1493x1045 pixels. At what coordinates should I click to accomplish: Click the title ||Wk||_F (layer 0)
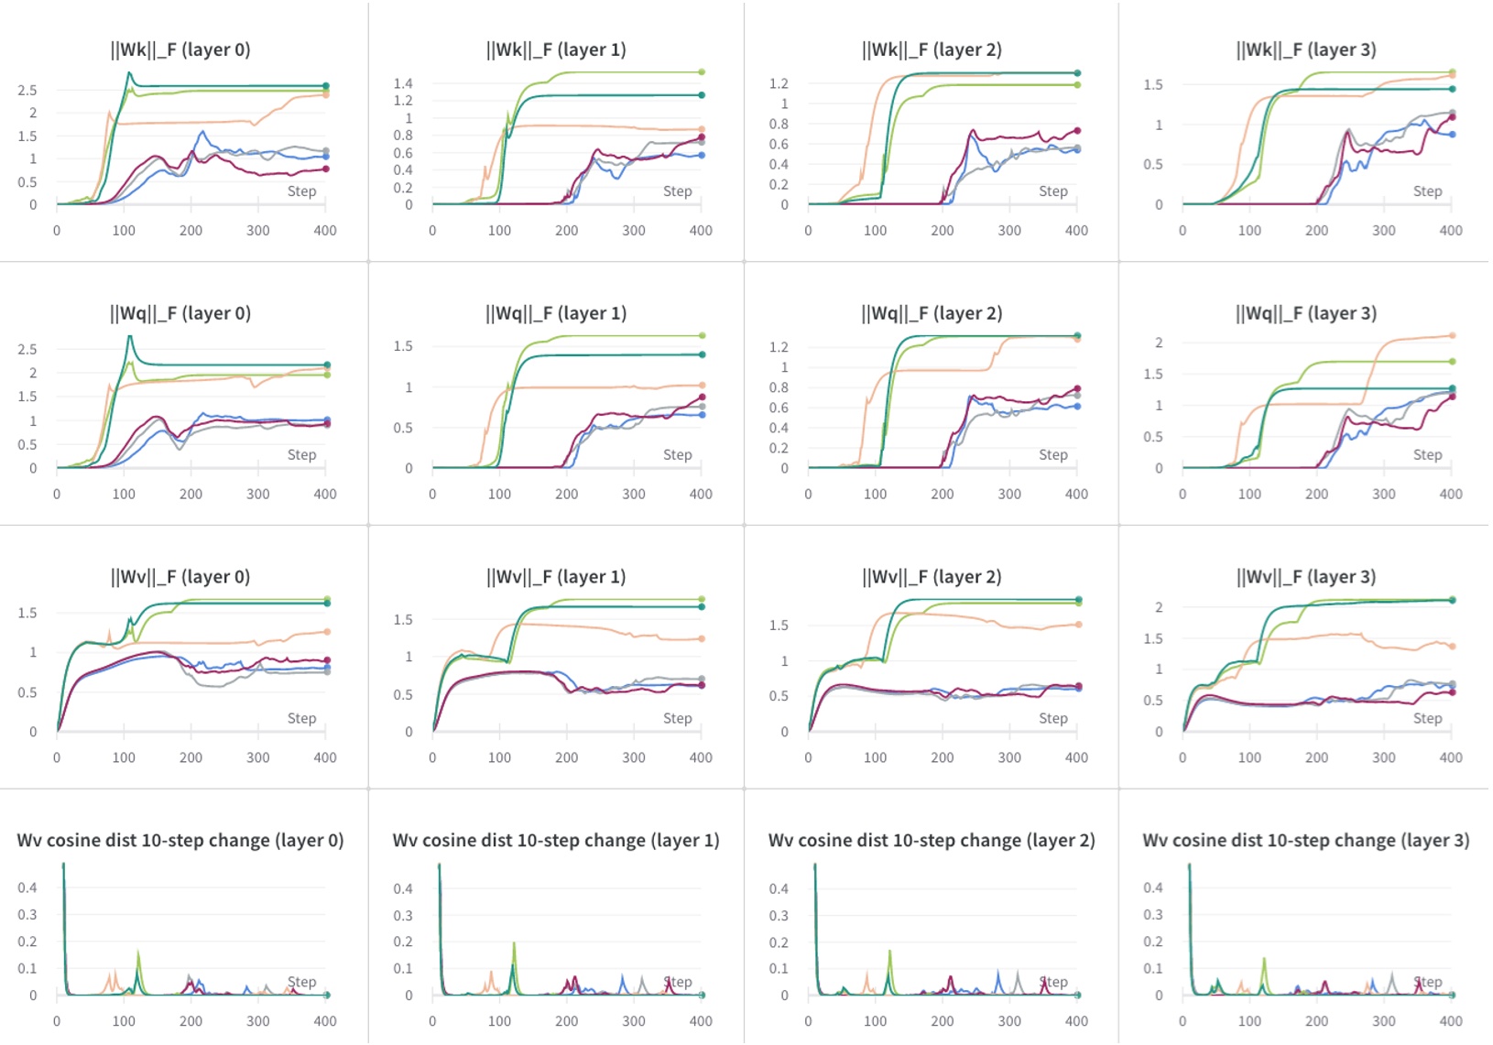(x=180, y=49)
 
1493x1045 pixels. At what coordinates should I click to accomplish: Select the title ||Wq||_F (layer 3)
(x=1306, y=313)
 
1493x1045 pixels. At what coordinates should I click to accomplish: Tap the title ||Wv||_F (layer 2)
(x=932, y=577)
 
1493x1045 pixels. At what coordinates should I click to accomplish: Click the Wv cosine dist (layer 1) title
(x=556, y=841)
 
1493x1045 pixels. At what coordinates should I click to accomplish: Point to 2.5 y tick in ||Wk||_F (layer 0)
(x=27, y=90)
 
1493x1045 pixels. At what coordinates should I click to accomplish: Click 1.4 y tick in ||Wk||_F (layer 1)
(x=403, y=83)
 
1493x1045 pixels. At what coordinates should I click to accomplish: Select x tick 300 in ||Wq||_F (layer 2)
(x=1009, y=494)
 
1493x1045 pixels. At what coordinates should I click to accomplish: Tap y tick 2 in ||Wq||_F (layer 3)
(x=1159, y=343)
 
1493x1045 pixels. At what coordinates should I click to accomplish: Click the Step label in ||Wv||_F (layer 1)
(x=678, y=718)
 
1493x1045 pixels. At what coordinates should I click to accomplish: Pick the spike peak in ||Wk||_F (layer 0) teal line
(x=129, y=73)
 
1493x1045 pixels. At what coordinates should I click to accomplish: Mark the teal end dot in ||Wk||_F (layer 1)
(x=702, y=95)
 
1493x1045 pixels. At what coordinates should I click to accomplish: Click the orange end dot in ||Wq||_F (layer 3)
(x=1453, y=335)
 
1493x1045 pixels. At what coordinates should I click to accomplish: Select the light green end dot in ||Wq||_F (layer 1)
(x=703, y=335)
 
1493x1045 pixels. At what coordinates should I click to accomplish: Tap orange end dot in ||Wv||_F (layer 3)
(x=1453, y=646)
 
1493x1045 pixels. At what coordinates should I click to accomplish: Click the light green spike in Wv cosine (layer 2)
(x=889, y=951)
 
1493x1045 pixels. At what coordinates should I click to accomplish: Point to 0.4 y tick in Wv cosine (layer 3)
(x=1153, y=887)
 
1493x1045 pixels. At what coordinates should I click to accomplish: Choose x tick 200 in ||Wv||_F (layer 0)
(x=191, y=757)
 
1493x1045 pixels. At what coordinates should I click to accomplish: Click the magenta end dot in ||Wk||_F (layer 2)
(x=1077, y=131)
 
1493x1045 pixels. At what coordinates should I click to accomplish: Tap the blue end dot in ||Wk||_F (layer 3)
(x=1453, y=135)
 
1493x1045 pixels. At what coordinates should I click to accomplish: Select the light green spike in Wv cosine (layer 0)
(x=138, y=951)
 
